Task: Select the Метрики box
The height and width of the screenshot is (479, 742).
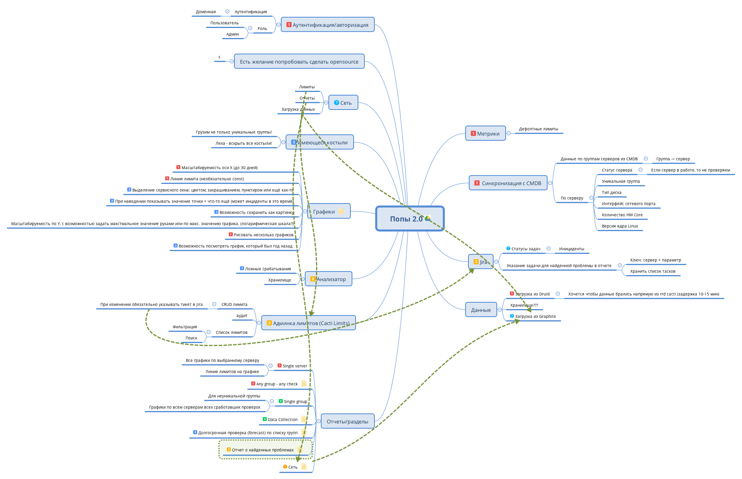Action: tap(485, 134)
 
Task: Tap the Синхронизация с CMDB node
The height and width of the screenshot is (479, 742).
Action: tap(508, 183)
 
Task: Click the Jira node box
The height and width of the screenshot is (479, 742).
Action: tap(481, 262)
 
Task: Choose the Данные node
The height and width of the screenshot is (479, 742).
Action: tap(481, 310)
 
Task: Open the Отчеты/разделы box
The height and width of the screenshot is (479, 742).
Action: tap(348, 421)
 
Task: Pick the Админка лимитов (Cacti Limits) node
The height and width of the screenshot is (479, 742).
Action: tap(308, 323)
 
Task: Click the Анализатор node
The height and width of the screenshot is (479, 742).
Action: tap(328, 279)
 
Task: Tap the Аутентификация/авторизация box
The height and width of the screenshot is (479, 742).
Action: tap(328, 25)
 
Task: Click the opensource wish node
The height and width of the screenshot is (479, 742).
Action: tap(299, 62)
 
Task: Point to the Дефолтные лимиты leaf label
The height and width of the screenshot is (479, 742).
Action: tap(538, 129)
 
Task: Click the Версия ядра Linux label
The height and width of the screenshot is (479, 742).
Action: tap(620, 226)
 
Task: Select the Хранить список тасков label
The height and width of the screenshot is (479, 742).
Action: tap(652, 271)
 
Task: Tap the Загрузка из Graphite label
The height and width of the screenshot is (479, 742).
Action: tap(535, 317)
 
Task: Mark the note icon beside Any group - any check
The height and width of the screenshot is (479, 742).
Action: tap(304, 384)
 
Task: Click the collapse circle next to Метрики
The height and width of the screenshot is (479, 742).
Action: tap(508, 134)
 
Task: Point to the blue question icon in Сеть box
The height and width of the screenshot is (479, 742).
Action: tap(336, 103)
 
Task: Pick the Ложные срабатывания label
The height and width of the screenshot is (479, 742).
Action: tap(268, 269)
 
